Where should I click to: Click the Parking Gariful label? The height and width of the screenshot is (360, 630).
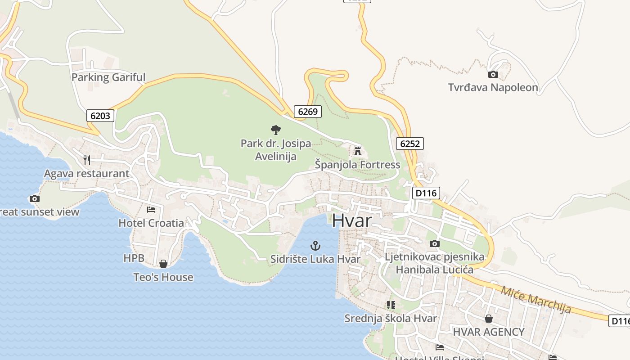108,77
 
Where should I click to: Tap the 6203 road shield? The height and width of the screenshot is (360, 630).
100,116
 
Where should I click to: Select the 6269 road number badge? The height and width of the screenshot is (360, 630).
308,111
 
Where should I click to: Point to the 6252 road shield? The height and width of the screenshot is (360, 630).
409,144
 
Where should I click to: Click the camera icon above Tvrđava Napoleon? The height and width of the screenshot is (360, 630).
493,75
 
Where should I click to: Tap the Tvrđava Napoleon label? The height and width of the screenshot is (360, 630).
493,87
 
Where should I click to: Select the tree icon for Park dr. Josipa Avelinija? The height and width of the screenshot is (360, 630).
276,130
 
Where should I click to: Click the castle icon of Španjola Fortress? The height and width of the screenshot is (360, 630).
358,151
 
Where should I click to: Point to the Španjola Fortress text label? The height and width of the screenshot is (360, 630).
357,165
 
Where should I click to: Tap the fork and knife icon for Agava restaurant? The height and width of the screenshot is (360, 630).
87,160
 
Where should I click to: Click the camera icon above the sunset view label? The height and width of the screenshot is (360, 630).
34,198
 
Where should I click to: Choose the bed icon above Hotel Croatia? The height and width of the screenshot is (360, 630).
151,210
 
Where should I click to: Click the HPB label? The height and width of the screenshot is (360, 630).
134,258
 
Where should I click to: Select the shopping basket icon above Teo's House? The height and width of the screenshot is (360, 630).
163,264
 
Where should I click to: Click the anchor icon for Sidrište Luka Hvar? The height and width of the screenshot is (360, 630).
315,246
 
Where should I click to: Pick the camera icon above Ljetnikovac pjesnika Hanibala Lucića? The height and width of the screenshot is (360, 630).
434,244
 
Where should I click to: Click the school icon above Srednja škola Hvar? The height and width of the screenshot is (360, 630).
391,305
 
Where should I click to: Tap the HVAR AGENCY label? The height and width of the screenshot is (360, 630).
488,332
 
